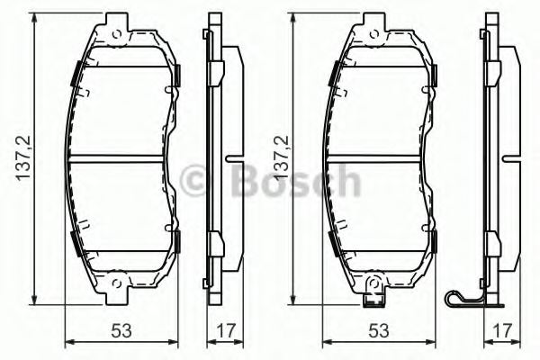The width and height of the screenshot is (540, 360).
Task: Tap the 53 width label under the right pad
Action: [379, 331]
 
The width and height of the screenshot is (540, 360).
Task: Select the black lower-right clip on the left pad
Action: [175, 240]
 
